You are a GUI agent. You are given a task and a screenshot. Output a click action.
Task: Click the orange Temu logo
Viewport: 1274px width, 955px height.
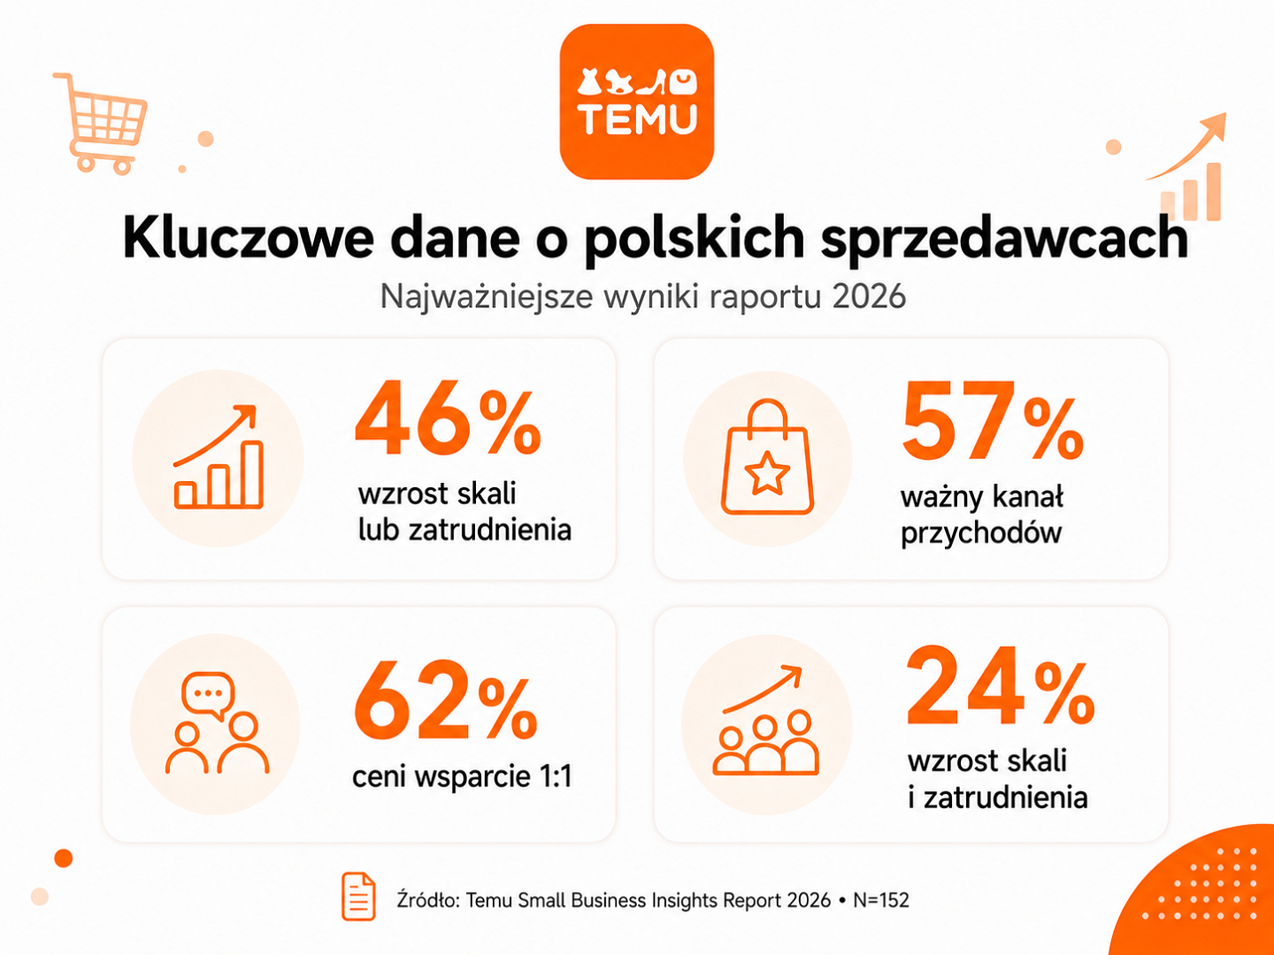tap(637, 102)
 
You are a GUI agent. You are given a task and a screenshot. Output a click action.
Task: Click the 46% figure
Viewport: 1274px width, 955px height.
tap(448, 418)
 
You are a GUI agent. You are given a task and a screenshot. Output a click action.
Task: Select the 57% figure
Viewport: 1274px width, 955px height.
tap(993, 421)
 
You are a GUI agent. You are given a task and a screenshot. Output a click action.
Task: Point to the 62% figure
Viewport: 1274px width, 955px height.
tap(446, 699)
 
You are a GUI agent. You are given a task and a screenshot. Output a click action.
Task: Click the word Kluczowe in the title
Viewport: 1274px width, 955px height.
tap(249, 238)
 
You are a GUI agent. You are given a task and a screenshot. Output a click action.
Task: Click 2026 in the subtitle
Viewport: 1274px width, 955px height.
tap(868, 297)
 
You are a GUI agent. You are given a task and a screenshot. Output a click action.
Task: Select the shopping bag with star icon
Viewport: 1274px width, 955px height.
tap(767, 457)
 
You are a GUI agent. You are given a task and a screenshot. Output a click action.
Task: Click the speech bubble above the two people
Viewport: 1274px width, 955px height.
tap(209, 695)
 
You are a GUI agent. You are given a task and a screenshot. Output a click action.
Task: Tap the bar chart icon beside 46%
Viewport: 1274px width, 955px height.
tap(219, 457)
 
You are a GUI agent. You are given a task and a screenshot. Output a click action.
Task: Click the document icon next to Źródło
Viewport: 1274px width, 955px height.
tap(358, 897)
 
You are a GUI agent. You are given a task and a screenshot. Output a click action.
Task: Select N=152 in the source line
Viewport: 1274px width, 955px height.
tap(880, 900)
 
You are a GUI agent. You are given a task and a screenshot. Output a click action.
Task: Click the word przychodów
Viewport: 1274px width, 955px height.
tap(981, 533)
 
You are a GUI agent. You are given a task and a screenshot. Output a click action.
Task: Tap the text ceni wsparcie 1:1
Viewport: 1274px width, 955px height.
tap(462, 776)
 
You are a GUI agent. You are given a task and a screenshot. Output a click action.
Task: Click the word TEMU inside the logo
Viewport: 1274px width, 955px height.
tap(637, 120)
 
